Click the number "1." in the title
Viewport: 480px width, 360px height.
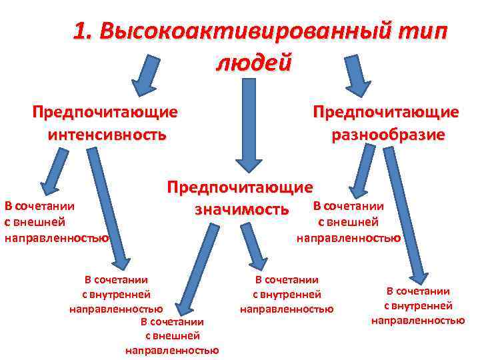(85, 32)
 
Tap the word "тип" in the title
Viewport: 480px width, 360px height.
(423, 32)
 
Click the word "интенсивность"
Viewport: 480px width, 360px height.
(107, 135)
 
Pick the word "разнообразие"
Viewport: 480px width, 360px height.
(389, 135)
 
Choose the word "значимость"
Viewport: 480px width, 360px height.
(242, 210)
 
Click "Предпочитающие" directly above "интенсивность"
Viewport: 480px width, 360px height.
(105, 111)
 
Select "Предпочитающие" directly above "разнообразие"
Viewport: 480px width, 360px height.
(387, 111)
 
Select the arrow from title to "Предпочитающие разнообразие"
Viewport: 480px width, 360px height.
(357, 73)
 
